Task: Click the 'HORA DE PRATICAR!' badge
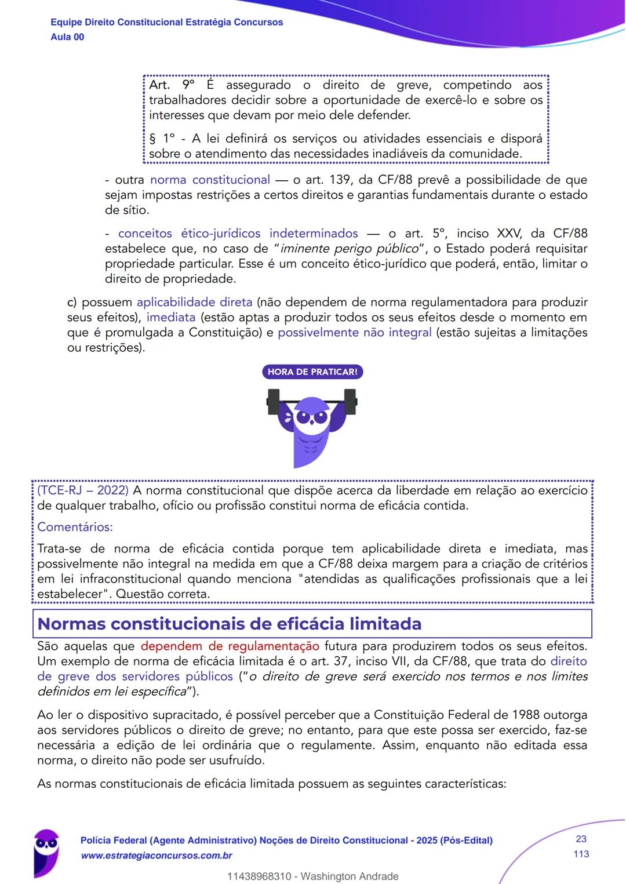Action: (312, 372)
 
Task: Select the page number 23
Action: (581, 839)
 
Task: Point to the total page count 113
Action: (581, 854)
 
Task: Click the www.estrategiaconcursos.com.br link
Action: (156, 856)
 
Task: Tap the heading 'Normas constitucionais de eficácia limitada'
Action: (229, 624)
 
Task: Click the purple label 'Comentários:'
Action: (75, 527)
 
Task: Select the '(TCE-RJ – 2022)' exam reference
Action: (83, 490)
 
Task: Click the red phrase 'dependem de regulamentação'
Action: (230, 646)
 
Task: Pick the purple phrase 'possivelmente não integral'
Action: (354, 332)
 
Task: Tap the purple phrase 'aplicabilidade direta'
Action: (194, 302)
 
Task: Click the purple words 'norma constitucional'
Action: (210, 180)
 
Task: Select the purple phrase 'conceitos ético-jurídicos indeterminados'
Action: (238, 233)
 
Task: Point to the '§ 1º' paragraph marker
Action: (162, 139)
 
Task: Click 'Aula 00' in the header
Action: (67, 37)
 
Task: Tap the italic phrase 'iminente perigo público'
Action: (350, 249)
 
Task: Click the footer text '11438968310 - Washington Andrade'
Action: (313, 876)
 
